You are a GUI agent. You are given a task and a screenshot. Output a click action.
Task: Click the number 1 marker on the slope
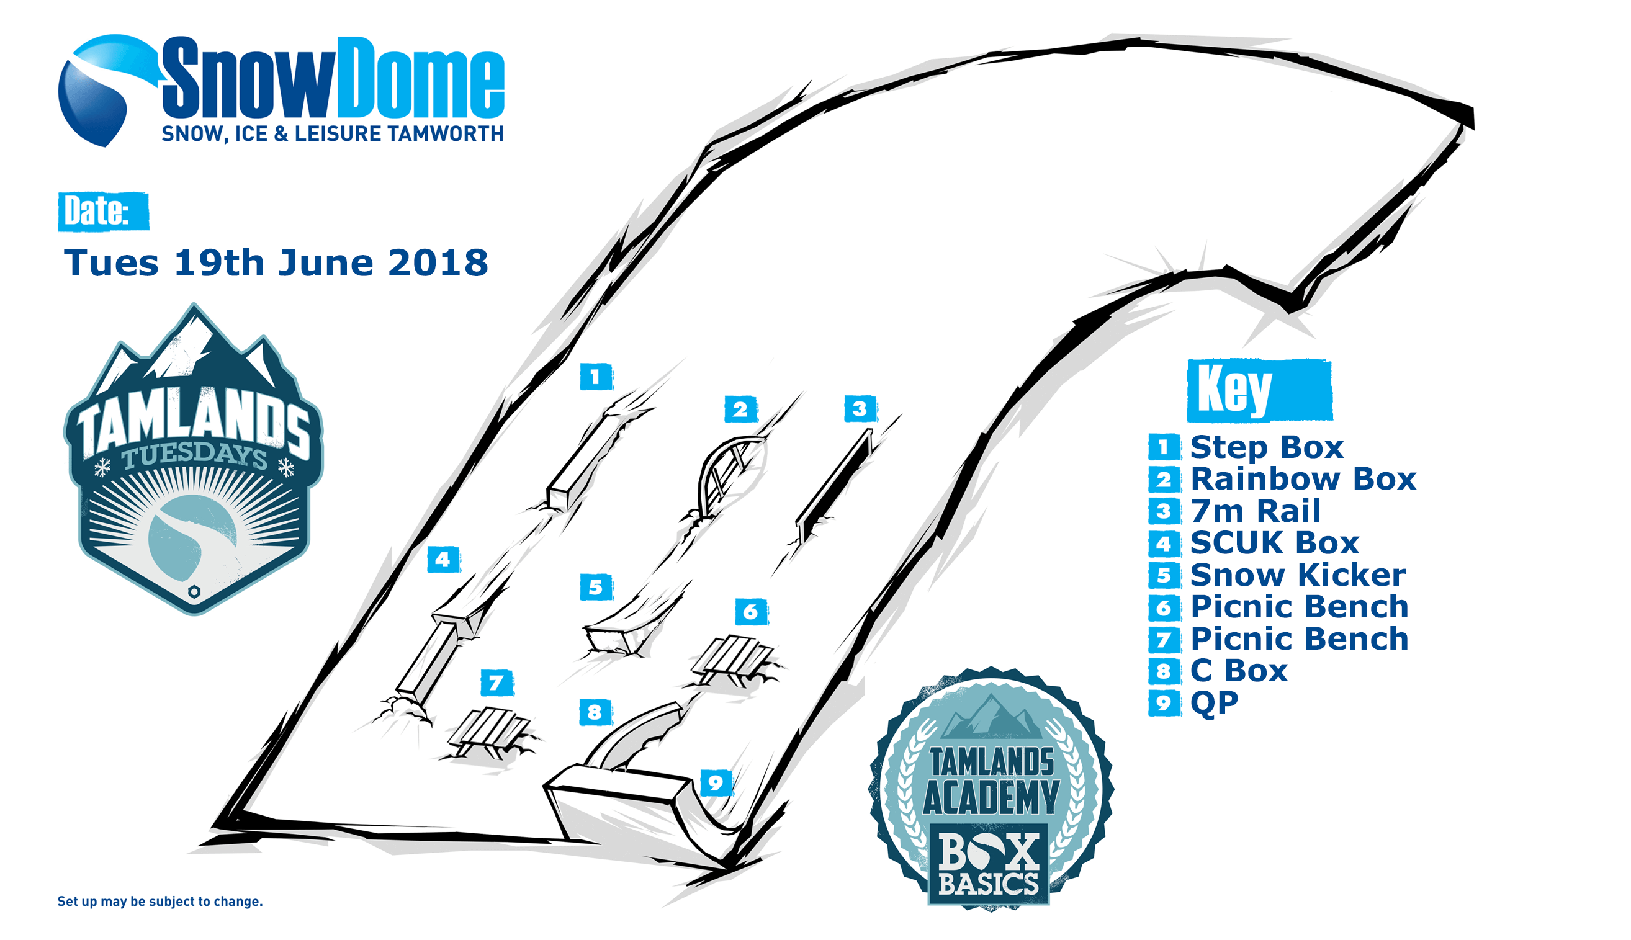click(596, 377)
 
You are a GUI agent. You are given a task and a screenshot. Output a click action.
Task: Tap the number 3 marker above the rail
click(860, 408)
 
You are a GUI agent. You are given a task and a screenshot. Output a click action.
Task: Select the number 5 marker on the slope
click(596, 587)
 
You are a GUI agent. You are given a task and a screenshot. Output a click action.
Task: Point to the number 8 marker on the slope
click(595, 712)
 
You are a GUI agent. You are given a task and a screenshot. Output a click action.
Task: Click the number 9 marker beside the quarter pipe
click(716, 783)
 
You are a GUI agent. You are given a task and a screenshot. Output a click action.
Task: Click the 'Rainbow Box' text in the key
click(1302, 479)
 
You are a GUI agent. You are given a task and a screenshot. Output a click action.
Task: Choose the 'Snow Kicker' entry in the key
click(1297, 575)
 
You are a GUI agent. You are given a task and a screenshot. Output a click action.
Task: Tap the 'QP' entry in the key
click(1214, 702)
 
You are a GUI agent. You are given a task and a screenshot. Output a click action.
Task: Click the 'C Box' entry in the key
click(1238, 670)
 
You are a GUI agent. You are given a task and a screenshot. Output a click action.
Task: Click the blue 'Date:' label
click(103, 211)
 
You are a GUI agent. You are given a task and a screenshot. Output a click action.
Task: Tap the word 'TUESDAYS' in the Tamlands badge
click(194, 456)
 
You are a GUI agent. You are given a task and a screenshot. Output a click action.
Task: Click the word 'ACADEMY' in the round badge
click(991, 797)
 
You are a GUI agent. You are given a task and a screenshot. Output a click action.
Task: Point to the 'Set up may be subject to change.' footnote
click(160, 902)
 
